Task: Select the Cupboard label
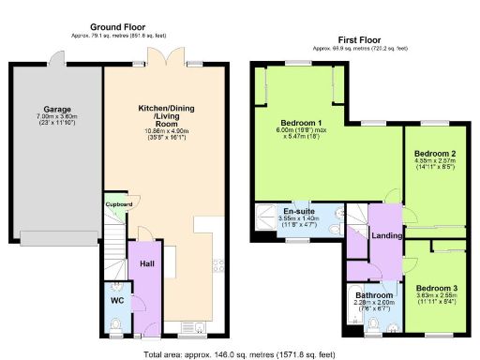pyautogui.click(x=117, y=204)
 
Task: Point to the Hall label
pyautogui.click(x=146, y=265)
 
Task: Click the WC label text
pyautogui.click(x=117, y=300)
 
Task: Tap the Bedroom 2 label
pyautogui.click(x=435, y=153)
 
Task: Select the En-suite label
pyautogui.click(x=299, y=213)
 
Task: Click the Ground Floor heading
pyautogui.click(x=117, y=26)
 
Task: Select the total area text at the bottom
pyautogui.click(x=239, y=354)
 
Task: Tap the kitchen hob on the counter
pyautogui.click(x=215, y=272)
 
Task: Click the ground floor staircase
pyautogui.click(x=113, y=248)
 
